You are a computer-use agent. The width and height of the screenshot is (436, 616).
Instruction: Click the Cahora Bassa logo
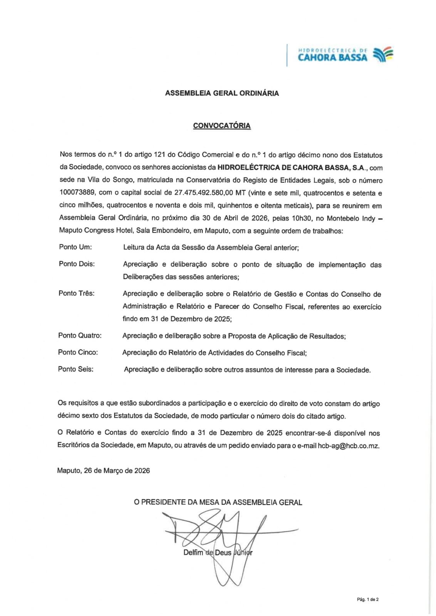[345, 55]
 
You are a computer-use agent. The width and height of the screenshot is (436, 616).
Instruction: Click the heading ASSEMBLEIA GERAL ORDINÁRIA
[222, 93]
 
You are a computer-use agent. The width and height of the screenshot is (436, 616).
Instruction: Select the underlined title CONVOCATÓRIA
[222, 126]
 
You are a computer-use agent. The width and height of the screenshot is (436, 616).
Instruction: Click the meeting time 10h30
[302, 218]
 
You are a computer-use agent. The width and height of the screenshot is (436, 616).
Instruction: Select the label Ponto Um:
[75, 247]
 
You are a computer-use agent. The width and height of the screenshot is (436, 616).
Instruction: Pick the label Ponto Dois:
[77, 264]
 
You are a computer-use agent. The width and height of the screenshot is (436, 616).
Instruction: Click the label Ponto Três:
[76, 293]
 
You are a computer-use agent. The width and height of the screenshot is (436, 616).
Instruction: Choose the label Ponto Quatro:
[80, 335]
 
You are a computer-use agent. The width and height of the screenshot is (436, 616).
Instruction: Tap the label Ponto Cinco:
[78, 352]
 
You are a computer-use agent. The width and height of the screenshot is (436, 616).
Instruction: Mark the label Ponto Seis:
[75, 369]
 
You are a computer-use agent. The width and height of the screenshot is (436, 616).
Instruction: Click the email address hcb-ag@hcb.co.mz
[348, 445]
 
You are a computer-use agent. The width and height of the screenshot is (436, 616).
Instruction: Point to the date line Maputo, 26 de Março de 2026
[103, 470]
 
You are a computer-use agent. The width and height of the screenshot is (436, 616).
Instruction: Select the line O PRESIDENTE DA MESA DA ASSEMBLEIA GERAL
[218, 502]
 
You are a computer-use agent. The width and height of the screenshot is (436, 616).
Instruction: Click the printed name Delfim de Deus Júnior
[218, 552]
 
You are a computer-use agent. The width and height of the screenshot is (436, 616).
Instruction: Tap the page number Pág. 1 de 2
[368, 599]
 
